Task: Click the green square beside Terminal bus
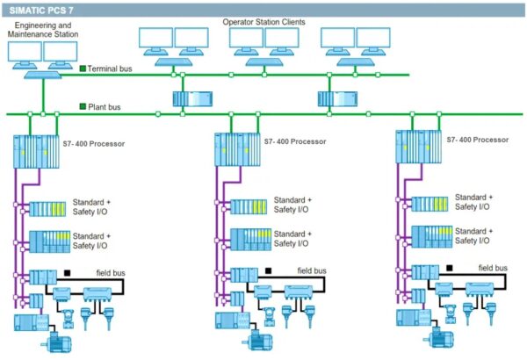point(83,68)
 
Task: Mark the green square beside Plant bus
point(83,105)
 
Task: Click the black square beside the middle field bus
point(268,270)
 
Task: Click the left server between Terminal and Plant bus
point(188,98)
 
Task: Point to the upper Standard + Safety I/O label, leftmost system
point(91,207)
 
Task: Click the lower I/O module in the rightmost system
point(431,235)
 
